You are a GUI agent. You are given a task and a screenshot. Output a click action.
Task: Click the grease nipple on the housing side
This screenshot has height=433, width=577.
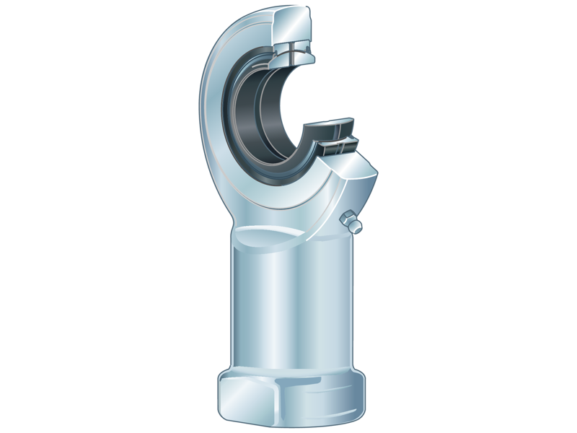(351, 222)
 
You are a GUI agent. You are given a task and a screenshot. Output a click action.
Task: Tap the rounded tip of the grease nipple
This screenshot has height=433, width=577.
(356, 228)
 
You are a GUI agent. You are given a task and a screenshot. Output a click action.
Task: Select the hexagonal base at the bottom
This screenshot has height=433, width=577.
(291, 397)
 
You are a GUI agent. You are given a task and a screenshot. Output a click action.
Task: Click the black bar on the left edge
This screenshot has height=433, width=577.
(29, 216)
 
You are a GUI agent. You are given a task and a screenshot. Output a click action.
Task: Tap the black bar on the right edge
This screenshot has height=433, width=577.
(547, 216)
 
